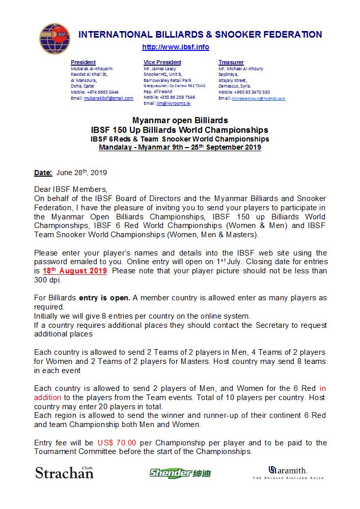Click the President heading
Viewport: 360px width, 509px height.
tap(83, 62)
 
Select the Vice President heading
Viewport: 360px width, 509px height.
tap(162, 62)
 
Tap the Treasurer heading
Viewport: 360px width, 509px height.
tap(231, 62)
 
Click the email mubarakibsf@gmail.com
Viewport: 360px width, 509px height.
tap(108, 98)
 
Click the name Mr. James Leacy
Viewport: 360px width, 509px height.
tap(160, 68)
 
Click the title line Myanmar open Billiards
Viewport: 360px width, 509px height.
tap(180, 121)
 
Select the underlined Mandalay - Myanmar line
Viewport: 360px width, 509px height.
tap(180, 147)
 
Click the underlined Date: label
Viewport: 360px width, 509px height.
tap(43, 173)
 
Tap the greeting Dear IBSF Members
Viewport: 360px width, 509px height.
tap(71, 189)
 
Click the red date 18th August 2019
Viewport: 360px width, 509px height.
tap(75, 271)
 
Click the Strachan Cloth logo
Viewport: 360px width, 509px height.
tap(64, 472)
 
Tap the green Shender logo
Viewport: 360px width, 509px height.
tap(180, 473)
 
